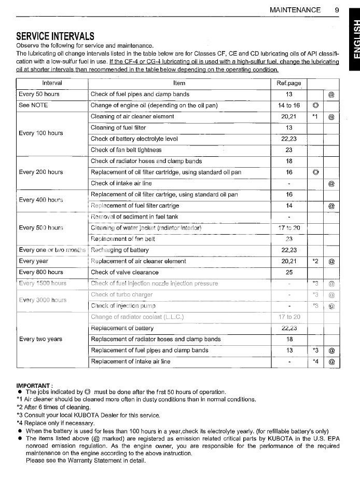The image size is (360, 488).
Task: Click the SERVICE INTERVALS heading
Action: [x=56, y=36]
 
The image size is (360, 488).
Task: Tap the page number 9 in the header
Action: [x=337, y=9]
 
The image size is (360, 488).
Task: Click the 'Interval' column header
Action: [x=52, y=83]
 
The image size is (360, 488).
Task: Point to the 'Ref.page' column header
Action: [x=289, y=83]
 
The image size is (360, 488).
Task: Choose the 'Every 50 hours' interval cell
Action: [x=39, y=94]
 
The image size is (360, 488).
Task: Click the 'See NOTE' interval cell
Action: [x=33, y=105]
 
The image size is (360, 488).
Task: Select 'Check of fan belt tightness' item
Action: [x=126, y=150]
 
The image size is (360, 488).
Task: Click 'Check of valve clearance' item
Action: [x=124, y=272]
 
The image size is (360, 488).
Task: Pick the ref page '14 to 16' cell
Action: [x=289, y=105]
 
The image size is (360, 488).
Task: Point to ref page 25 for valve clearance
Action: [x=289, y=272]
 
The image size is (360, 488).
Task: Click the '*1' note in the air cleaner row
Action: [x=315, y=116]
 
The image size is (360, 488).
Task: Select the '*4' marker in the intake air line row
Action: [x=315, y=361]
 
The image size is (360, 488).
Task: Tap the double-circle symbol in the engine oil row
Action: [x=315, y=105]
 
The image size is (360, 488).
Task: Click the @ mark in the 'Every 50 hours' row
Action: [x=331, y=94]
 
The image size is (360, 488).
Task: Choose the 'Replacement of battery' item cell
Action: [x=122, y=328]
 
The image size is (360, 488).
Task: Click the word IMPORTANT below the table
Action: [x=34, y=385]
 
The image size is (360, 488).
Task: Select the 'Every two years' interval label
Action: [x=40, y=339]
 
